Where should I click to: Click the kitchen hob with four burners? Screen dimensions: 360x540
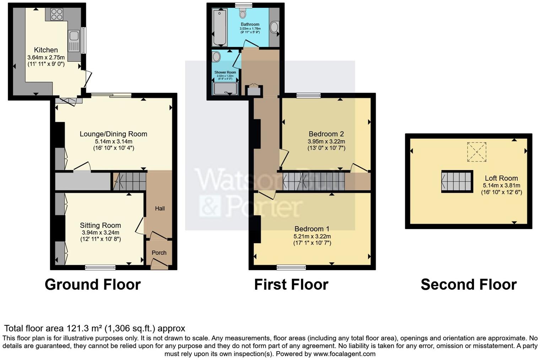click(56, 14)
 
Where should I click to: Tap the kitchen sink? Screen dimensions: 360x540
click(74, 36)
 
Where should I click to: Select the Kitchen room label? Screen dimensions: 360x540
click(46, 50)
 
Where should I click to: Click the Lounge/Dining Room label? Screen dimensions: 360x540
click(113, 134)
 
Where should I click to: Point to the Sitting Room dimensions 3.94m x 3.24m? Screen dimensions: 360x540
click(101, 233)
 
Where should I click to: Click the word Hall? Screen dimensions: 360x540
click(160, 208)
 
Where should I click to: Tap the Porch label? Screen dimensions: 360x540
click(159, 253)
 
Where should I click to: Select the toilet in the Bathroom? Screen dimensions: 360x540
click(243, 13)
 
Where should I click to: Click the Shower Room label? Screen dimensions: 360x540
click(225, 72)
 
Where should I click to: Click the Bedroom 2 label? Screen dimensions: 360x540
click(326, 134)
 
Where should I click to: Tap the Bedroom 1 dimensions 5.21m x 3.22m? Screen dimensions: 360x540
click(312, 236)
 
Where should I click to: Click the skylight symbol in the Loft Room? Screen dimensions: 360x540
click(476, 152)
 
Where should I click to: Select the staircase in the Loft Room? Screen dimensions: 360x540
click(457, 181)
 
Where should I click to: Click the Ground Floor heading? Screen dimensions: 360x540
click(93, 284)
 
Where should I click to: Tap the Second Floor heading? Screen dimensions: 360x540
click(469, 284)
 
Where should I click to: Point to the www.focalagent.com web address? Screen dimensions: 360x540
click(344, 354)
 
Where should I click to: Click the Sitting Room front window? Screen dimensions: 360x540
click(101, 267)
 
